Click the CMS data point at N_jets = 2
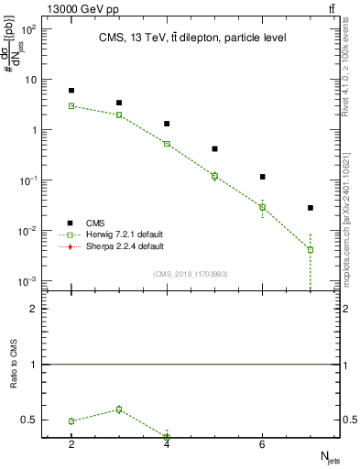point(71,91)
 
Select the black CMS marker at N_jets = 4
point(167,124)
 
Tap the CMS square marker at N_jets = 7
point(311,208)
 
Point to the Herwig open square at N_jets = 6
point(262,207)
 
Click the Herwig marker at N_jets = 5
point(214,176)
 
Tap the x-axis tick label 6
point(262,444)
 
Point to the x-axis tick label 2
point(71,444)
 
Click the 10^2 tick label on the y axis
point(28,29)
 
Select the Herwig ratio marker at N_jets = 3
point(119,409)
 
